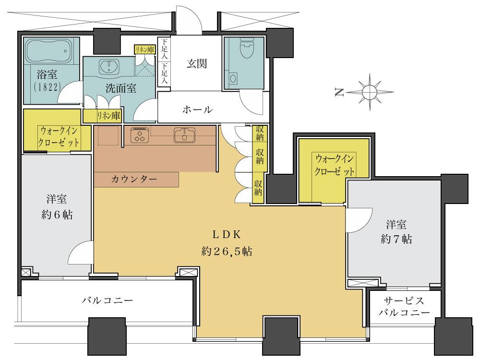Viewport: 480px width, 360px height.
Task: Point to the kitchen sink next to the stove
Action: [x=185, y=135]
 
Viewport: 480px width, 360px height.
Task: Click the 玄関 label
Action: [x=197, y=63]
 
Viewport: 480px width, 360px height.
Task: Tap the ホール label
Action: [x=197, y=109]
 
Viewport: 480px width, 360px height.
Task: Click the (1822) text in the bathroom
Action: [x=47, y=89]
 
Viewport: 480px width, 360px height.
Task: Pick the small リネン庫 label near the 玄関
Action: [x=144, y=49]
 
